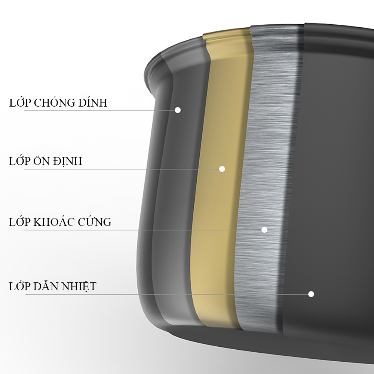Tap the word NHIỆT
(x=79, y=286)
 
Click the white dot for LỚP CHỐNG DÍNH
(x=178, y=110)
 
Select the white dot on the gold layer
(x=222, y=169)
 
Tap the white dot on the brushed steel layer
(x=264, y=230)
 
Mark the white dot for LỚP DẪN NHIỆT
(x=311, y=294)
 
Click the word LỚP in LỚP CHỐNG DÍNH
(x=20, y=102)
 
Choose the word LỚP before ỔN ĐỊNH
(x=20, y=161)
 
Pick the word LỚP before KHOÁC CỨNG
(x=20, y=222)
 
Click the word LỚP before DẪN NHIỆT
(x=20, y=286)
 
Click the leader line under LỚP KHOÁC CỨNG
(x=142, y=230)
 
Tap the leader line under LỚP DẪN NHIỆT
(x=167, y=294)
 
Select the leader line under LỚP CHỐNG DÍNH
(x=99, y=110)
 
